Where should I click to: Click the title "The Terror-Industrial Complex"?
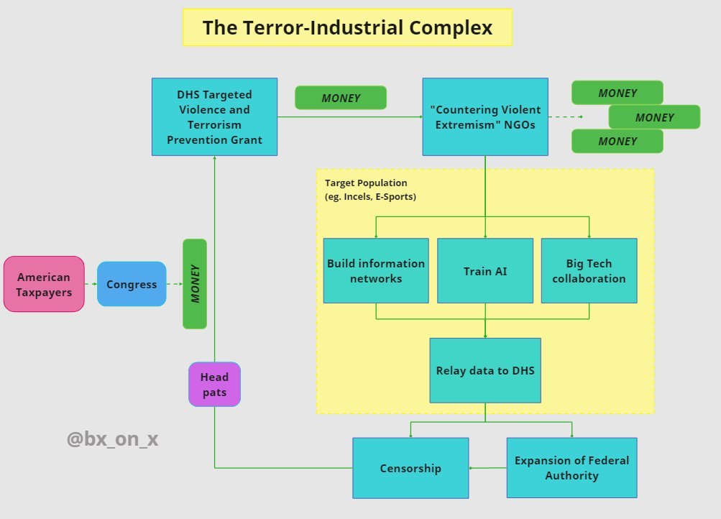[347, 27]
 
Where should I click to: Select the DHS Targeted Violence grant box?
[214, 116]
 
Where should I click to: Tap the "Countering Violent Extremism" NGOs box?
[485, 116]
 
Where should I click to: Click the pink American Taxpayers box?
[44, 284]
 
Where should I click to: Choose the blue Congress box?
[132, 284]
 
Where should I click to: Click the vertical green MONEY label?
[195, 284]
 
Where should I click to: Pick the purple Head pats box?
[214, 384]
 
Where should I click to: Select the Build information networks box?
[376, 270]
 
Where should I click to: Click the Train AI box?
[485, 270]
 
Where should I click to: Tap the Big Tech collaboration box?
[589, 270]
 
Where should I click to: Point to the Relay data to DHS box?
[485, 370]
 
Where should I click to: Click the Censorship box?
[410, 468]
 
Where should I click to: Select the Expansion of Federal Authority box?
[571, 468]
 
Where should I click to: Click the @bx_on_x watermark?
[112, 439]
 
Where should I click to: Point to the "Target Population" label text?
[366, 183]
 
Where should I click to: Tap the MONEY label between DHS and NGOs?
[341, 98]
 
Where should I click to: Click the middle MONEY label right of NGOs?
[654, 117]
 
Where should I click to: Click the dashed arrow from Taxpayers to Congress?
[91, 284]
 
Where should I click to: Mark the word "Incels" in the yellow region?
[357, 196]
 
